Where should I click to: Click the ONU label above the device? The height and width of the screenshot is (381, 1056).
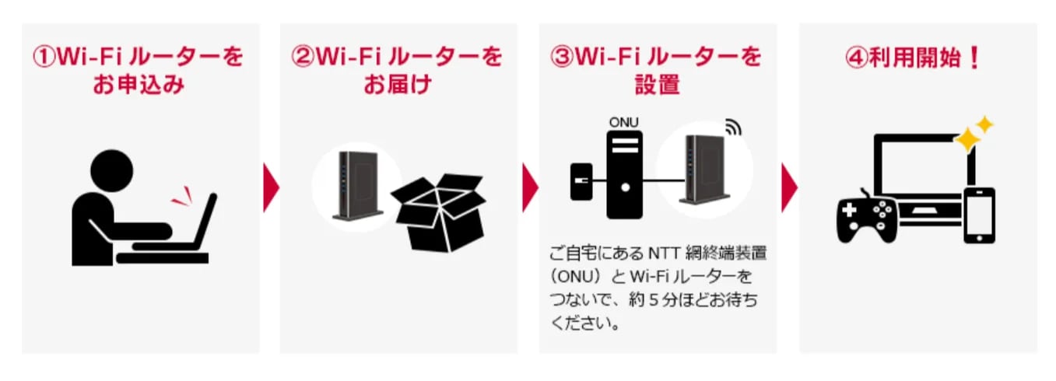click(x=623, y=122)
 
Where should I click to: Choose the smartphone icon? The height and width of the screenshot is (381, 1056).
click(x=979, y=215)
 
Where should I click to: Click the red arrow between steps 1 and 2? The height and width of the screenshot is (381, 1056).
click(x=270, y=187)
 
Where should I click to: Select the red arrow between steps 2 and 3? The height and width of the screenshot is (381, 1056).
click(x=529, y=187)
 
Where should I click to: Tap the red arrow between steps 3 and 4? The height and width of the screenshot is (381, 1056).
click(x=788, y=187)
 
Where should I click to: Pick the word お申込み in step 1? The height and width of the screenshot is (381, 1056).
click(x=139, y=84)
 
